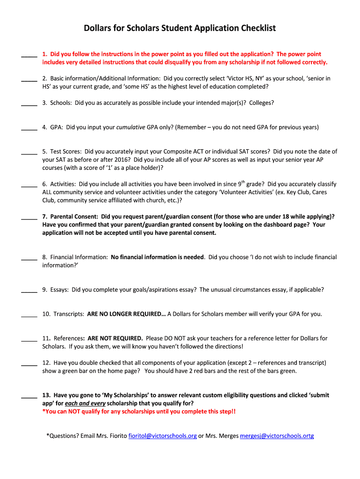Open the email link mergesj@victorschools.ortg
pyautogui.click(x=277, y=436)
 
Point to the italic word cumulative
pyautogui.click(x=130, y=127)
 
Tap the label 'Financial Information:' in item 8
pyautogui.click(x=79, y=257)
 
